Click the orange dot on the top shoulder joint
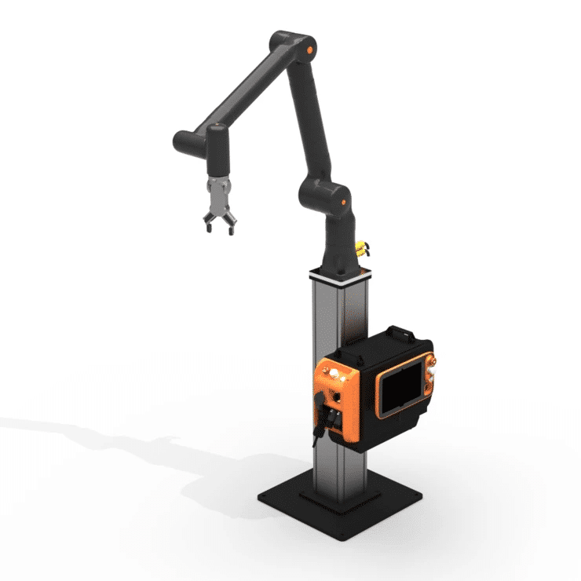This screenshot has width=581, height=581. (x=312, y=51)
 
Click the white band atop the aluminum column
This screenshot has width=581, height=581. (x=339, y=275)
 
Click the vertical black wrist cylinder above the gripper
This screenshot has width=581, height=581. (x=216, y=154)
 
